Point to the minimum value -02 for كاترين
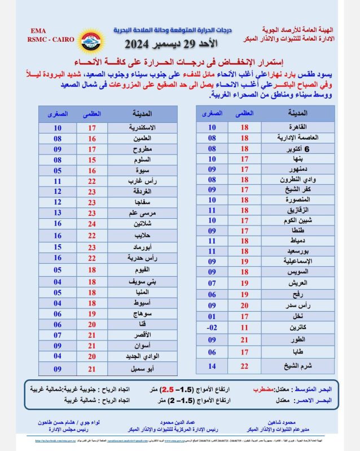(212, 327)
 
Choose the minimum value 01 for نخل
(212, 316)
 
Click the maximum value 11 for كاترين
(244, 327)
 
